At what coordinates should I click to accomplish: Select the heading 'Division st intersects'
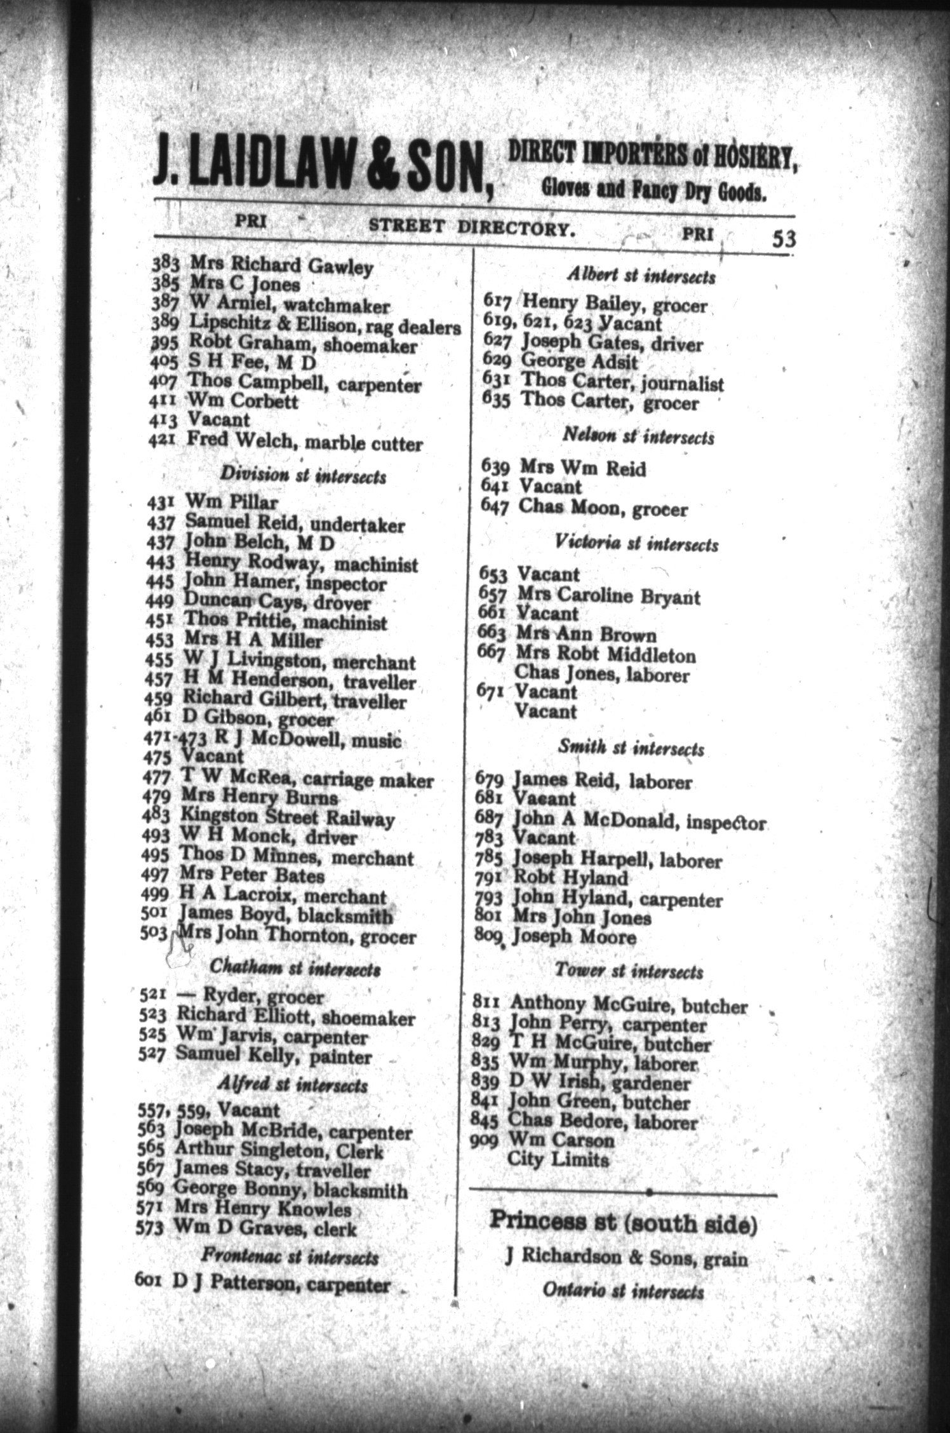tap(302, 476)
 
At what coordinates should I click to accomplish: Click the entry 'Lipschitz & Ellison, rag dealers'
tap(324, 326)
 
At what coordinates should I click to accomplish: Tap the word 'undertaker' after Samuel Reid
tap(364, 525)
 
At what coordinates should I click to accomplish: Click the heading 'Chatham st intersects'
tap(295, 969)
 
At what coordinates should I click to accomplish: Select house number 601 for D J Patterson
tap(150, 1279)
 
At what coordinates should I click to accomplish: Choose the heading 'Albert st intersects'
tap(641, 277)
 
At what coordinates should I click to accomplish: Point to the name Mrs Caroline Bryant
tap(608, 596)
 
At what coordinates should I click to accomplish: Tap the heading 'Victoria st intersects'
tap(636, 543)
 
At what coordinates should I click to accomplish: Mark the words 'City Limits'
tap(558, 1160)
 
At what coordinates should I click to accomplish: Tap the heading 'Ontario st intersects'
tap(623, 1291)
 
